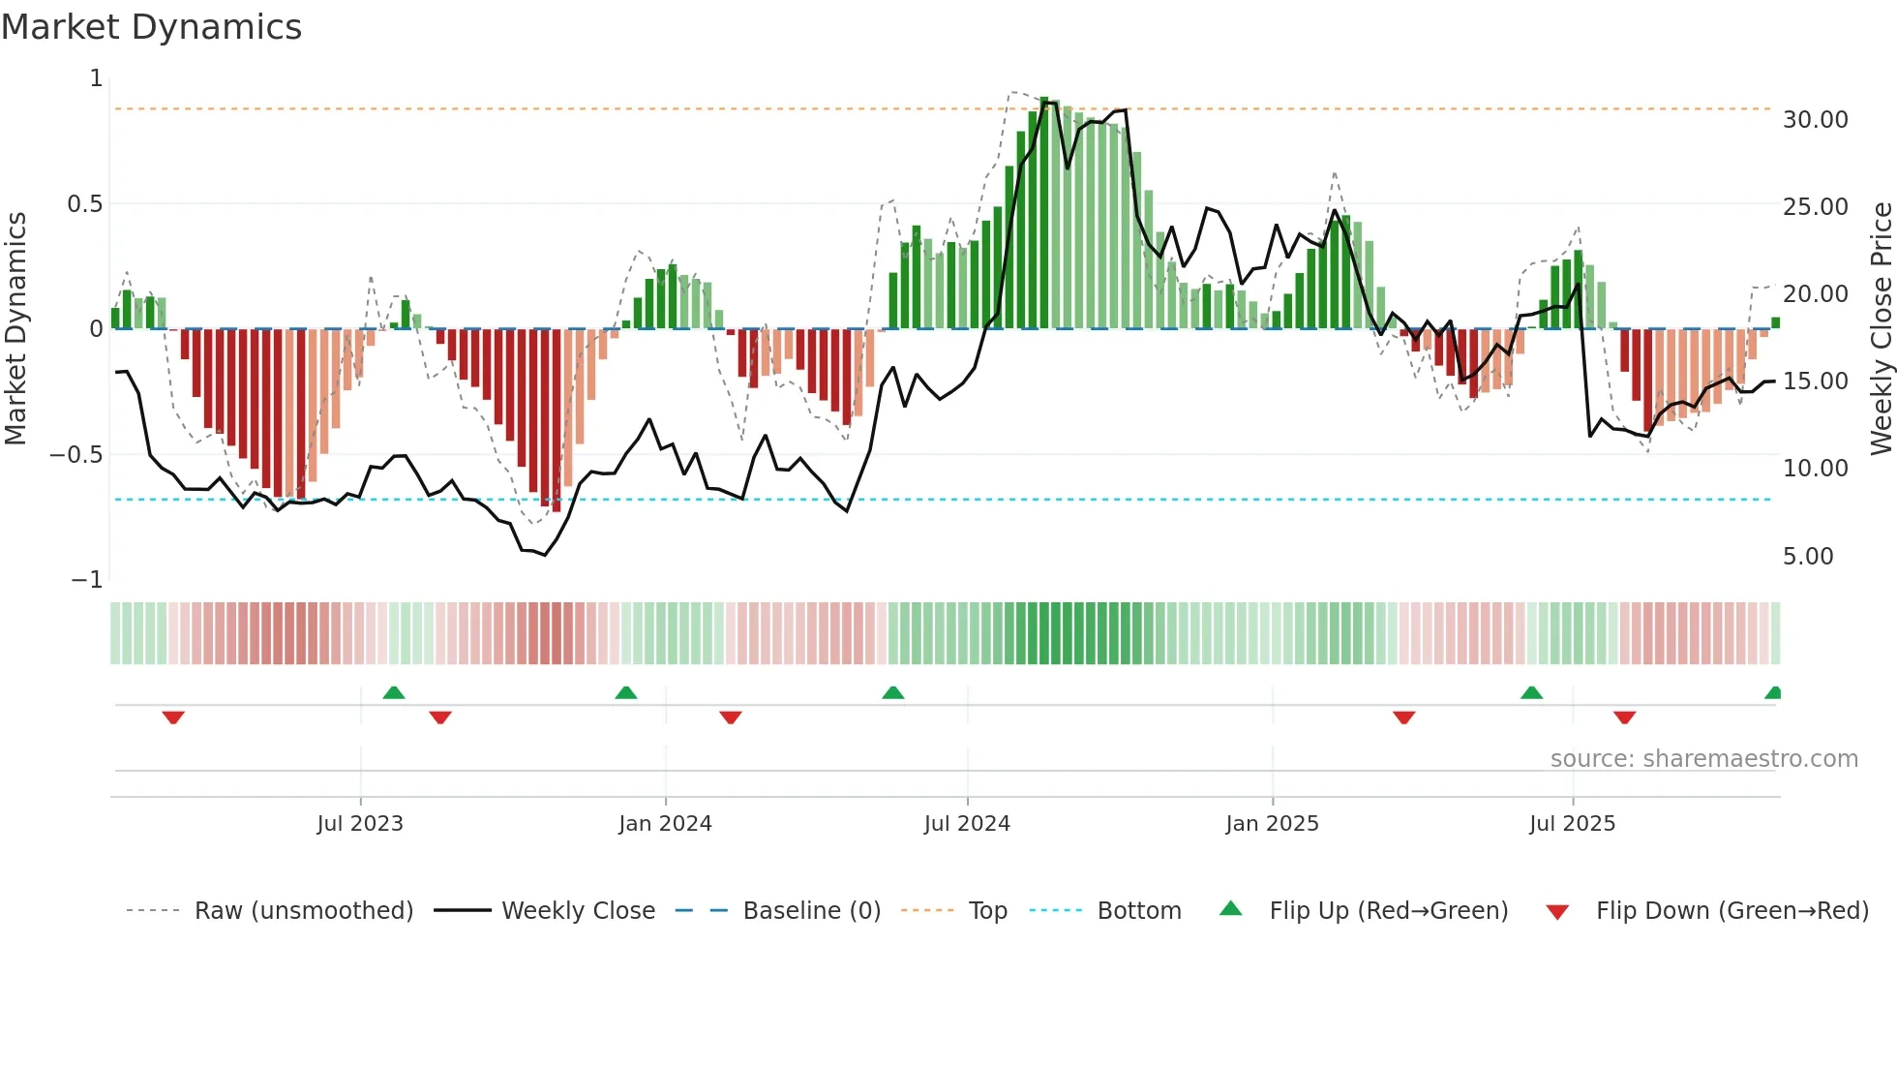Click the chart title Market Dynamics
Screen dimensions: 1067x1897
pos(151,27)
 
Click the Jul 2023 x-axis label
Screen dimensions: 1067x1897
pos(359,824)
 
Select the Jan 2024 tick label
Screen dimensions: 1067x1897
pos(665,824)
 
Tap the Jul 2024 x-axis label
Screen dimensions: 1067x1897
pos(967,824)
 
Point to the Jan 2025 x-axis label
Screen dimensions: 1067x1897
pos(1272,824)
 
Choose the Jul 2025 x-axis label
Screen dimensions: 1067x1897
pos(1572,824)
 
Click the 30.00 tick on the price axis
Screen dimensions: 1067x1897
pos(1815,120)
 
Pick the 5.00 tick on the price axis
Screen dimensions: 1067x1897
pos(1808,557)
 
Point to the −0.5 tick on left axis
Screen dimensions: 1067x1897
pos(76,455)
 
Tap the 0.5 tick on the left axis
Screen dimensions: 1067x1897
pos(84,204)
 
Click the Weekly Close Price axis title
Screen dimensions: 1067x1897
pos(1881,328)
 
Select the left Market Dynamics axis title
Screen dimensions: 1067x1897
pos(15,328)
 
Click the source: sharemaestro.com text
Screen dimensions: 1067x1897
pos(1703,759)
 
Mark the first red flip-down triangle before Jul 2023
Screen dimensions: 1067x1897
pos(173,717)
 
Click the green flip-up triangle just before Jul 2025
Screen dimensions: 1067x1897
pos(1531,692)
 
